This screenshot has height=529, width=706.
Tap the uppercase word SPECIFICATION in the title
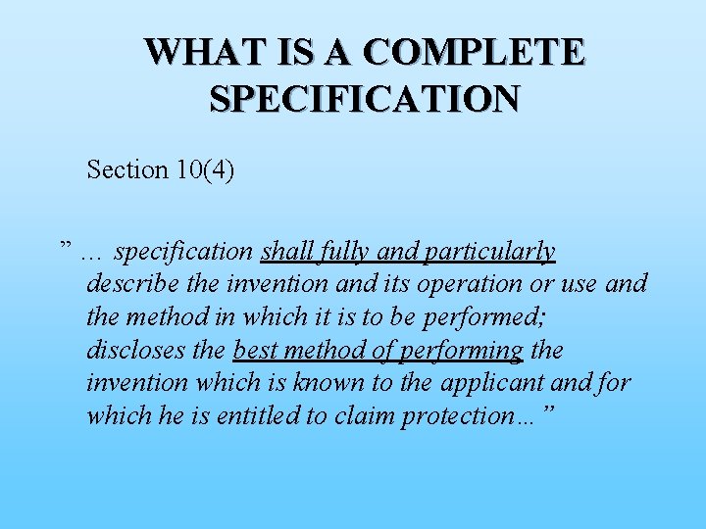tap(364, 98)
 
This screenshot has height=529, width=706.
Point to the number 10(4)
tap(206, 169)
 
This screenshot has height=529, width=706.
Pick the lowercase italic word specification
tap(183, 252)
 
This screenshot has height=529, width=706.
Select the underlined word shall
tap(287, 252)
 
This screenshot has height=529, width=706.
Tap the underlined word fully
tap(345, 252)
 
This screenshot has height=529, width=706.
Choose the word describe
tap(132, 284)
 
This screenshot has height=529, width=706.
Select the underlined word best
tap(256, 350)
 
